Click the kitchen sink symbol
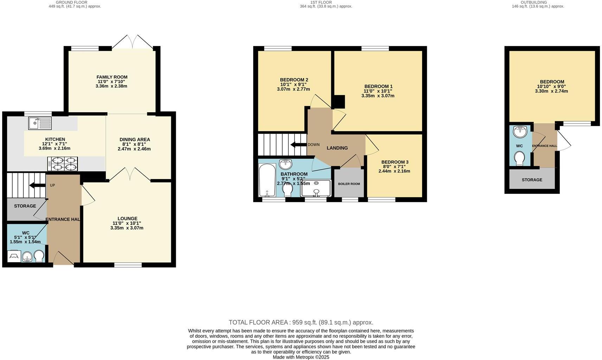tap(40, 123)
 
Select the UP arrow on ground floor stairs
tap(37, 185)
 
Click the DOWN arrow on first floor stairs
tap(298, 145)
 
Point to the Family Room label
tap(112, 77)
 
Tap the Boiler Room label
tap(349, 184)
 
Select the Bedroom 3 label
tap(395, 162)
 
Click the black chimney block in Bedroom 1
tap(339, 102)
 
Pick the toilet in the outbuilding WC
tap(519, 158)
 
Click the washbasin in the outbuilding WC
tap(520, 132)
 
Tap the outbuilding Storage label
tap(532, 180)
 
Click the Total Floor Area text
tap(301, 322)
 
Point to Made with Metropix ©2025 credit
tap(301, 357)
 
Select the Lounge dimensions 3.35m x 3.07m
tap(127, 228)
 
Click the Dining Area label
tap(134, 139)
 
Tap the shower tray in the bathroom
tap(316, 188)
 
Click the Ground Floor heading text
tap(71, 2)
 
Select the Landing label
tap(337, 148)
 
